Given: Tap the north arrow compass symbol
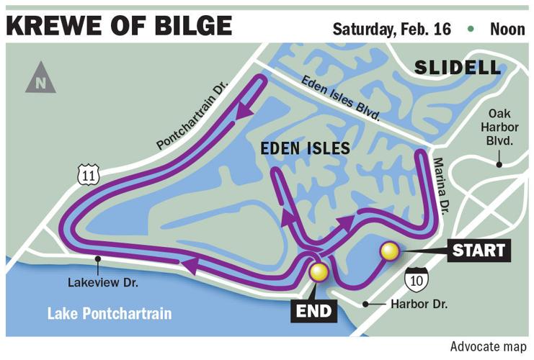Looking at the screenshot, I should pyautogui.click(x=40, y=78).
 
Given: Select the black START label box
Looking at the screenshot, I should pyautogui.click(x=479, y=251).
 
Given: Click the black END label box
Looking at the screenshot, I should pyautogui.click(x=314, y=311).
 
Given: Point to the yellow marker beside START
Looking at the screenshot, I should pyautogui.click(x=390, y=251).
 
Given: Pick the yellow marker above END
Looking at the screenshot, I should pyautogui.click(x=318, y=272).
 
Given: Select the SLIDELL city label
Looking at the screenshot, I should pyautogui.click(x=457, y=68).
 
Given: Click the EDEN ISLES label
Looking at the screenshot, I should pyautogui.click(x=305, y=149).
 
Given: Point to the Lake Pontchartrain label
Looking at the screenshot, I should pyautogui.click(x=110, y=314).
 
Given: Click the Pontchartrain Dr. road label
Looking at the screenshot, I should pyautogui.click(x=192, y=116).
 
